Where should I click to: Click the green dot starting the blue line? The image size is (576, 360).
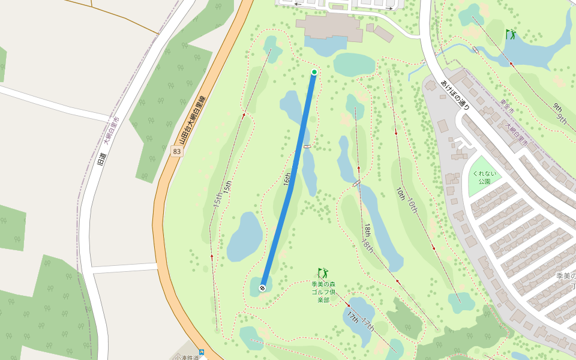click(x=314, y=72)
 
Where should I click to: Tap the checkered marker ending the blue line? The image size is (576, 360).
click(x=262, y=288)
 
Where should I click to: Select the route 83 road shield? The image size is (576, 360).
click(x=176, y=152)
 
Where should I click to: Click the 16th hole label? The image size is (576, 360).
click(x=287, y=179)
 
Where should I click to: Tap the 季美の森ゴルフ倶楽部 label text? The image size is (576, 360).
click(x=323, y=291)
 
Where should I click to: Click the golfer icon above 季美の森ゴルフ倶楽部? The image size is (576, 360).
click(x=323, y=274)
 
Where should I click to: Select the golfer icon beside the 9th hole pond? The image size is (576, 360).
click(x=511, y=34)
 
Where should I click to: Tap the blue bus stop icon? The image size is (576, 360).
click(x=202, y=352)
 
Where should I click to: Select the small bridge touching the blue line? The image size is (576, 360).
click(x=308, y=146)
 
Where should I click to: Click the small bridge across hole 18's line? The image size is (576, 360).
click(x=357, y=183)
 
